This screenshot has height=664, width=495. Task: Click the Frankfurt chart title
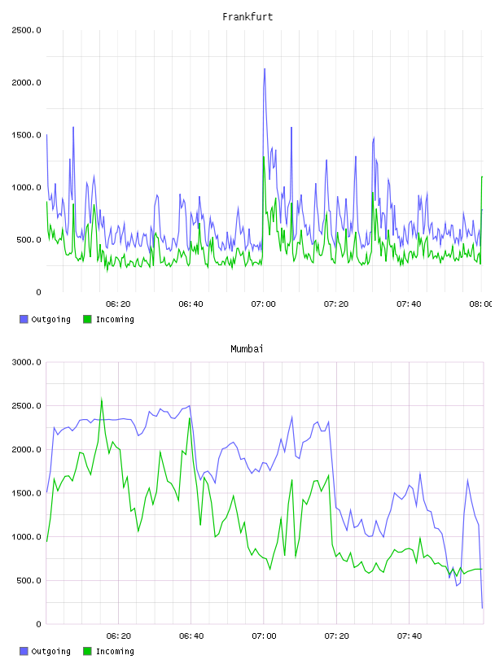(247, 17)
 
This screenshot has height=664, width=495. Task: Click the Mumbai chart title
(247, 349)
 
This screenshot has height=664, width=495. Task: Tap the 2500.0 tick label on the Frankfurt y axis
(26, 30)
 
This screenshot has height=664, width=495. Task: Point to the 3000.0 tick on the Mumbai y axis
(26, 362)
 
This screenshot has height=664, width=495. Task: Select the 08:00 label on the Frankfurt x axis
(481, 304)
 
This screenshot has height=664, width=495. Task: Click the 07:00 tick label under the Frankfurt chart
(263, 304)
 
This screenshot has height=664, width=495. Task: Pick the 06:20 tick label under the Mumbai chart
(118, 636)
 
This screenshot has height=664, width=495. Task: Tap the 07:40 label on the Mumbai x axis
(409, 636)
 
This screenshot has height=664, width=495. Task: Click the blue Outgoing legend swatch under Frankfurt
(24, 319)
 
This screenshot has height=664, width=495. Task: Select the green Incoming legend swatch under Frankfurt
(87, 319)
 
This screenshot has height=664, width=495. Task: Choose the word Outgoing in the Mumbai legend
(50, 651)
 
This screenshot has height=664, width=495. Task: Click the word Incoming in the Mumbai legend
(115, 651)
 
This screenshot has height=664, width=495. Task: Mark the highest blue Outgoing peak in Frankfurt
(265, 68)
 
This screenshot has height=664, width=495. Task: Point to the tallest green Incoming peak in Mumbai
(102, 399)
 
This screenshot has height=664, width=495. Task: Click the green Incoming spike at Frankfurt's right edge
(482, 177)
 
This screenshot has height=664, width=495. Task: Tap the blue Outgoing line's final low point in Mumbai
(482, 608)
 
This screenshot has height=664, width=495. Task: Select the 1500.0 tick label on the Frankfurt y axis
(26, 135)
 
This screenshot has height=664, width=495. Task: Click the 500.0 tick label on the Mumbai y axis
(28, 580)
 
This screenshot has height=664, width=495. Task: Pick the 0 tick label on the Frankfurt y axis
(38, 292)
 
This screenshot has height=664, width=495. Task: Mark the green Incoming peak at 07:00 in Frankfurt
(264, 157)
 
